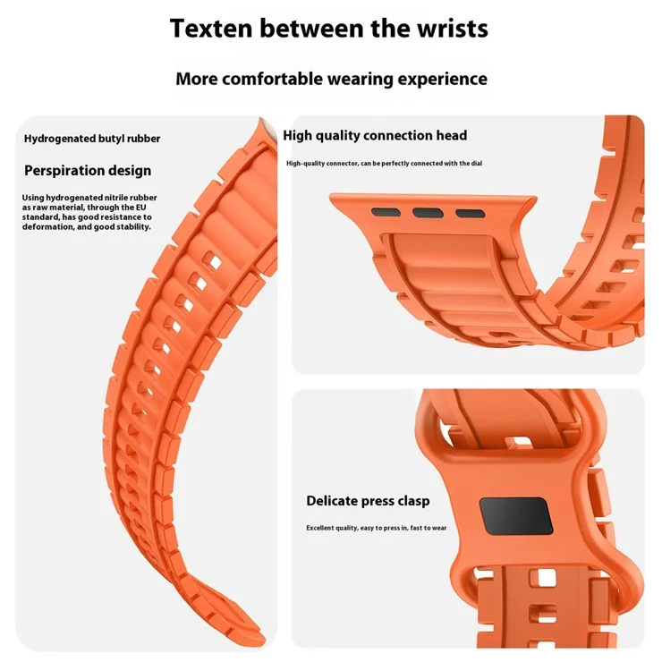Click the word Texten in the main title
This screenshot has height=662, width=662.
tap(211, 29)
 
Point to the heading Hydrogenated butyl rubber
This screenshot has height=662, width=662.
tap(92, 139)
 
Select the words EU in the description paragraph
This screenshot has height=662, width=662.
tap(141, 208)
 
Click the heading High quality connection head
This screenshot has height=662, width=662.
tap(375, 135)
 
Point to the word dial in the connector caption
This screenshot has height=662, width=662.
tap(477, 164)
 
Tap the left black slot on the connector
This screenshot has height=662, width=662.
tap(386, 212)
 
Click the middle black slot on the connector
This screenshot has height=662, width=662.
tap(428, 212)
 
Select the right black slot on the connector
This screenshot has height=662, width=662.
tap(471, 213)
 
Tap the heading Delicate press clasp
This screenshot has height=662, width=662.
tap(368, 501)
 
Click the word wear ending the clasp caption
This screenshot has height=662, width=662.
tap(439, 528)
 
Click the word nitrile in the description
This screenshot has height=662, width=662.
tap(116, 198)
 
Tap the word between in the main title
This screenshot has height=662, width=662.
tap(311, 29)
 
